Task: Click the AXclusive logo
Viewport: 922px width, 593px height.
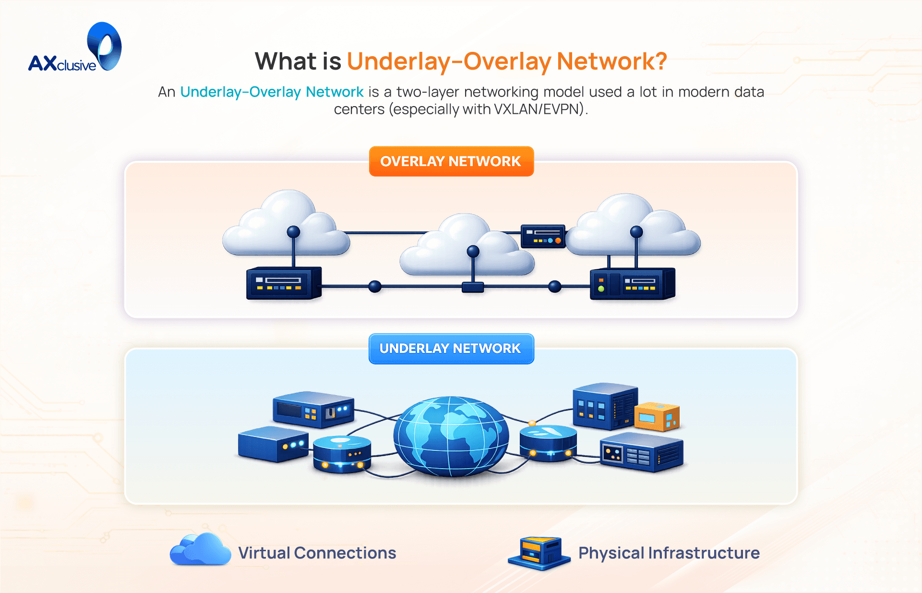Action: coord(75,48)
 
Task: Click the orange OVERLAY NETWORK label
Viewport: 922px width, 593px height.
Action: coord(451,161)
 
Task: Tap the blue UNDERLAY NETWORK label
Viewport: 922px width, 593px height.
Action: coord(451,349)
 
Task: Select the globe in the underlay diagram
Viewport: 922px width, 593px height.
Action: coord(451,436)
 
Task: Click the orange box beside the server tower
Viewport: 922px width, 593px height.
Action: coord(656,417)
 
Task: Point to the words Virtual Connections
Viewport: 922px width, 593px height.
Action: coord(317,553)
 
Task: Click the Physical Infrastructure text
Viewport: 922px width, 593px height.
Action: coord(669,553)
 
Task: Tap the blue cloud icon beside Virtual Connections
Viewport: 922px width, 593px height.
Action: coord(200,550)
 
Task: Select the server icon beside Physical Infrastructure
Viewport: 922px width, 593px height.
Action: coord(539,554)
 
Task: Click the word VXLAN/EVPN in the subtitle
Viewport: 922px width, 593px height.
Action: coord(537,109)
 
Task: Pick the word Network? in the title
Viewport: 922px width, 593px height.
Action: coord(611,61)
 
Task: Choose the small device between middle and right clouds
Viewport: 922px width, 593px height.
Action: coord(543,236)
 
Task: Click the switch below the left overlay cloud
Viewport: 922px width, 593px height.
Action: coord(283,283)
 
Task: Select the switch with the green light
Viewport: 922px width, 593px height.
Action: coord(632,284)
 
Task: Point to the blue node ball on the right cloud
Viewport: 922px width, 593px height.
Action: coord(636,232)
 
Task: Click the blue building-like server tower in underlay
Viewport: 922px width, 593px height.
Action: coord(604,406)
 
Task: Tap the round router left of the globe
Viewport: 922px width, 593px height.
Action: coord(342,454)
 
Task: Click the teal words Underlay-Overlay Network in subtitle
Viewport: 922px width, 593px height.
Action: coord(272,92)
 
